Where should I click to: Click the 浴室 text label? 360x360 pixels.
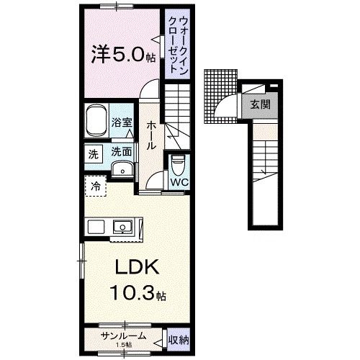point(122,122)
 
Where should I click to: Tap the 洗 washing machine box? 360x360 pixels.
point(93,153)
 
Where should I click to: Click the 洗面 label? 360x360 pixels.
point(121,152)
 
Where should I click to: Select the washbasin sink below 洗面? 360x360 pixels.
point(122,169)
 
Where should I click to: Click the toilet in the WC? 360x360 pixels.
point(178,166)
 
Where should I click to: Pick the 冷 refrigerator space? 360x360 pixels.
point(96,185)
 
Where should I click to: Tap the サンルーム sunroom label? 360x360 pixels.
point(124,336)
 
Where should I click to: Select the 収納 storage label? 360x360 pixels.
point(178,337)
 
